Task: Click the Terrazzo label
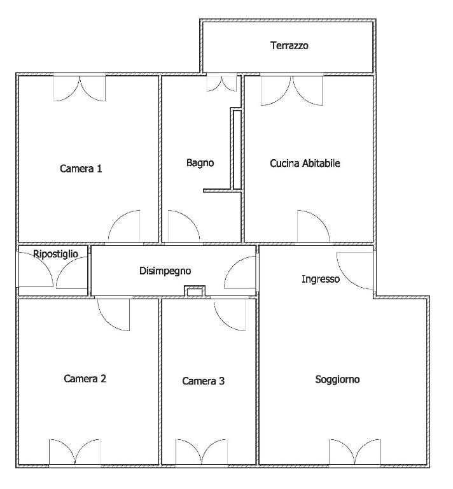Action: click(289, 46)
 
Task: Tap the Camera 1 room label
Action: click(81, 169)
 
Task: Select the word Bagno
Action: click(200, 163)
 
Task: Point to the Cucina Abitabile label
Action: click(305, 163)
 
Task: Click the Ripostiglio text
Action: click(55, 254)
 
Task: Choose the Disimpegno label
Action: click(165, 271)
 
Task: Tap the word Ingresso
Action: click(321, 279)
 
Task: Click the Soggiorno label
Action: click(337, 379)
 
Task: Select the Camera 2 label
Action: click(85, 379)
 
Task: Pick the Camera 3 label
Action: click(203, 381)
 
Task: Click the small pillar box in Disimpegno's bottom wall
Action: click(195, 291)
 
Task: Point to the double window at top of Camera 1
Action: click(80, 88)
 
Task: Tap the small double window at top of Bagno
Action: click(221, 83)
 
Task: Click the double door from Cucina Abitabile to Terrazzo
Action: click(291, 90)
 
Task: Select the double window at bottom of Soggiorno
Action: click(354, 452)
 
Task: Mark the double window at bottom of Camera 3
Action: click(201, 452)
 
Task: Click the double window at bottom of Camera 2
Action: click(75, 452)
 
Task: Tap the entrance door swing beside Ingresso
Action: click(355, 271)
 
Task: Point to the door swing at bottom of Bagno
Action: click(184, 226)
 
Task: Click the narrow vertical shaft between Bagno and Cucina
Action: click(237, 150)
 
